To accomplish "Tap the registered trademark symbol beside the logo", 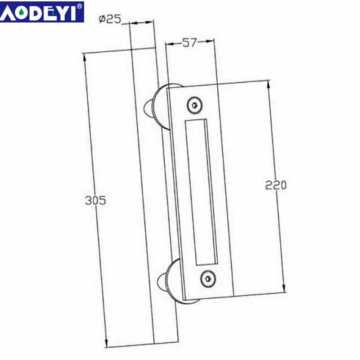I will (x=80, y=6).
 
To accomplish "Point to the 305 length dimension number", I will (x=95, y=200).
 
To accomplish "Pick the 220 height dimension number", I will (x=276, y=185).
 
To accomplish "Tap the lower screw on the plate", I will (x=207, y=278).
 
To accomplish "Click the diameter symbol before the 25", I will (x=102, y=19).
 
